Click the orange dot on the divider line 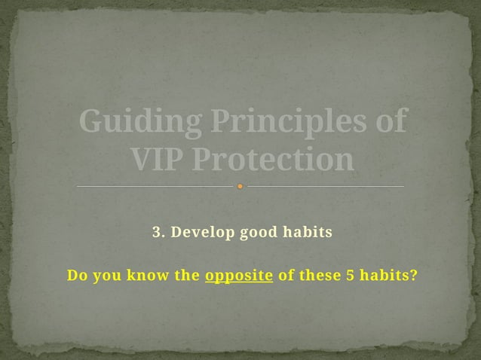pos(240,186)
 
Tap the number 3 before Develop pos(157,232)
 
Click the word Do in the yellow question pos(76,275)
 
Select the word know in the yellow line pos(149,275)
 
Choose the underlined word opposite pos(239,276)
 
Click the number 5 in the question pos(350,275)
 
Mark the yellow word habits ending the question pos(388,275)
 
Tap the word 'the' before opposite pos(187,275)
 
